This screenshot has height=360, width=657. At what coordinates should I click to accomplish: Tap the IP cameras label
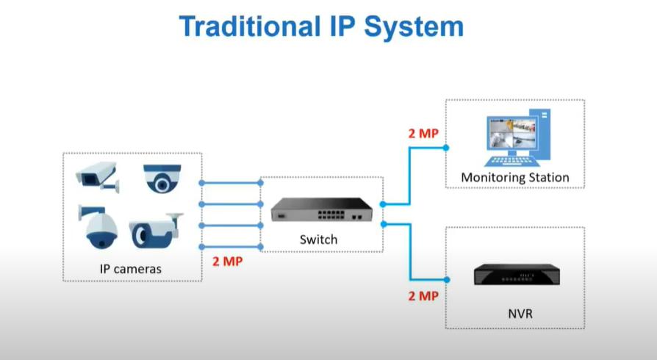click(130, 269)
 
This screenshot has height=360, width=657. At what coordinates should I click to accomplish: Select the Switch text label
click(318, 240)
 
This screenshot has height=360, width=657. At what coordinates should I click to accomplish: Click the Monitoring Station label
click(514, 178)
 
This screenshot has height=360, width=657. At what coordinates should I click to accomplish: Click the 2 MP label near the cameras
click(228, 261)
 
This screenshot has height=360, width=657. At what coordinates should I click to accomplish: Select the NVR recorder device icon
click(514, 275)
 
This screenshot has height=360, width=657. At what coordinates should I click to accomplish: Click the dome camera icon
click(162, 177)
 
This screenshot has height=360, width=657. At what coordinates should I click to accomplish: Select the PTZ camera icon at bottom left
click(98, 228)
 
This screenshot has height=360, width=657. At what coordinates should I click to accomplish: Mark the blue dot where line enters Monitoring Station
click(446, 147)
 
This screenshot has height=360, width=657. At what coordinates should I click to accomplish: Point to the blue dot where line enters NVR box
click(446, 279)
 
